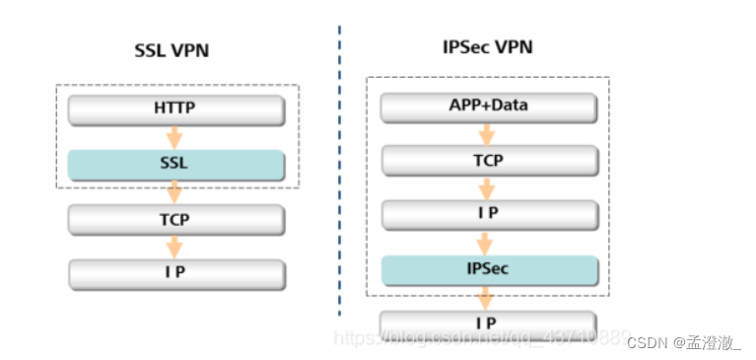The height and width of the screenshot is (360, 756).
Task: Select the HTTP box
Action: coord(175,108)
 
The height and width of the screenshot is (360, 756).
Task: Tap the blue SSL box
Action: coord(175,164)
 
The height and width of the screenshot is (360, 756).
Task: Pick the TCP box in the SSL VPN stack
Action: coord(175,219)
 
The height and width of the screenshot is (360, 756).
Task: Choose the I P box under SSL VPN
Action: coord(175,273)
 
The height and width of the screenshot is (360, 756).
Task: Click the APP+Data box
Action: coord(488,107)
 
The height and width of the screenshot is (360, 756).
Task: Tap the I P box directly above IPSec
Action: coord(488,214)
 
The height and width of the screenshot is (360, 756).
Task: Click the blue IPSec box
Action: coord(488,268)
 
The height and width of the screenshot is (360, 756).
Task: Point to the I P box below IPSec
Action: coord(488,324)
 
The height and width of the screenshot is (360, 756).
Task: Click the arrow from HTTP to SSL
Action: coord(175,136)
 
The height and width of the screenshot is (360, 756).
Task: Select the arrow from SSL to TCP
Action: coord(175,191)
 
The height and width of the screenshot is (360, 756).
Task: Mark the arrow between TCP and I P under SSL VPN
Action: coord(175,247)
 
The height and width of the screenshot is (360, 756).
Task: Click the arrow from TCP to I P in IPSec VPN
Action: coord(488,187)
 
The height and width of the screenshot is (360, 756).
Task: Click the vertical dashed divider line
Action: coord(339,178)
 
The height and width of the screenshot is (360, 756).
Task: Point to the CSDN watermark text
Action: coord(684,341)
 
